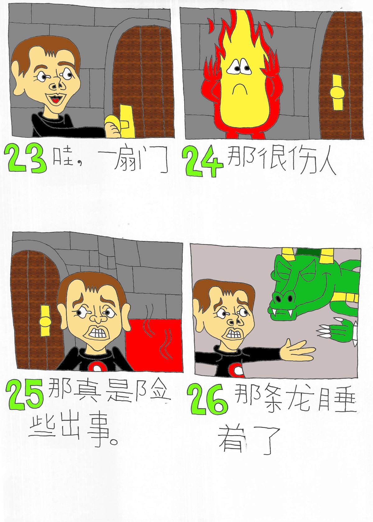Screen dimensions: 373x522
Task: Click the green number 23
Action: pyautogui.click(x=26, y=158)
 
